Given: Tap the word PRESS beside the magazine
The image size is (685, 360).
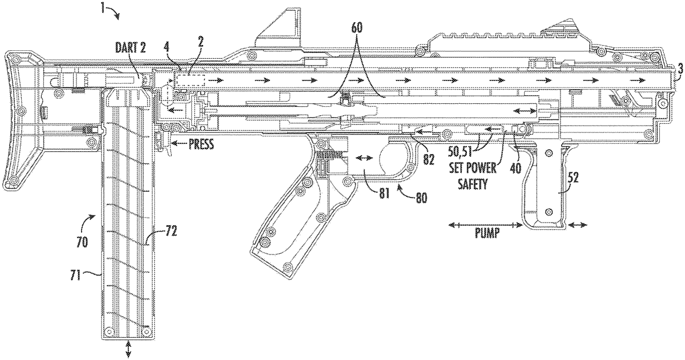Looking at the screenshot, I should click(200, 145).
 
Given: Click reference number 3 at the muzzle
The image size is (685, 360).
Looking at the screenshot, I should click(679, 68).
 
